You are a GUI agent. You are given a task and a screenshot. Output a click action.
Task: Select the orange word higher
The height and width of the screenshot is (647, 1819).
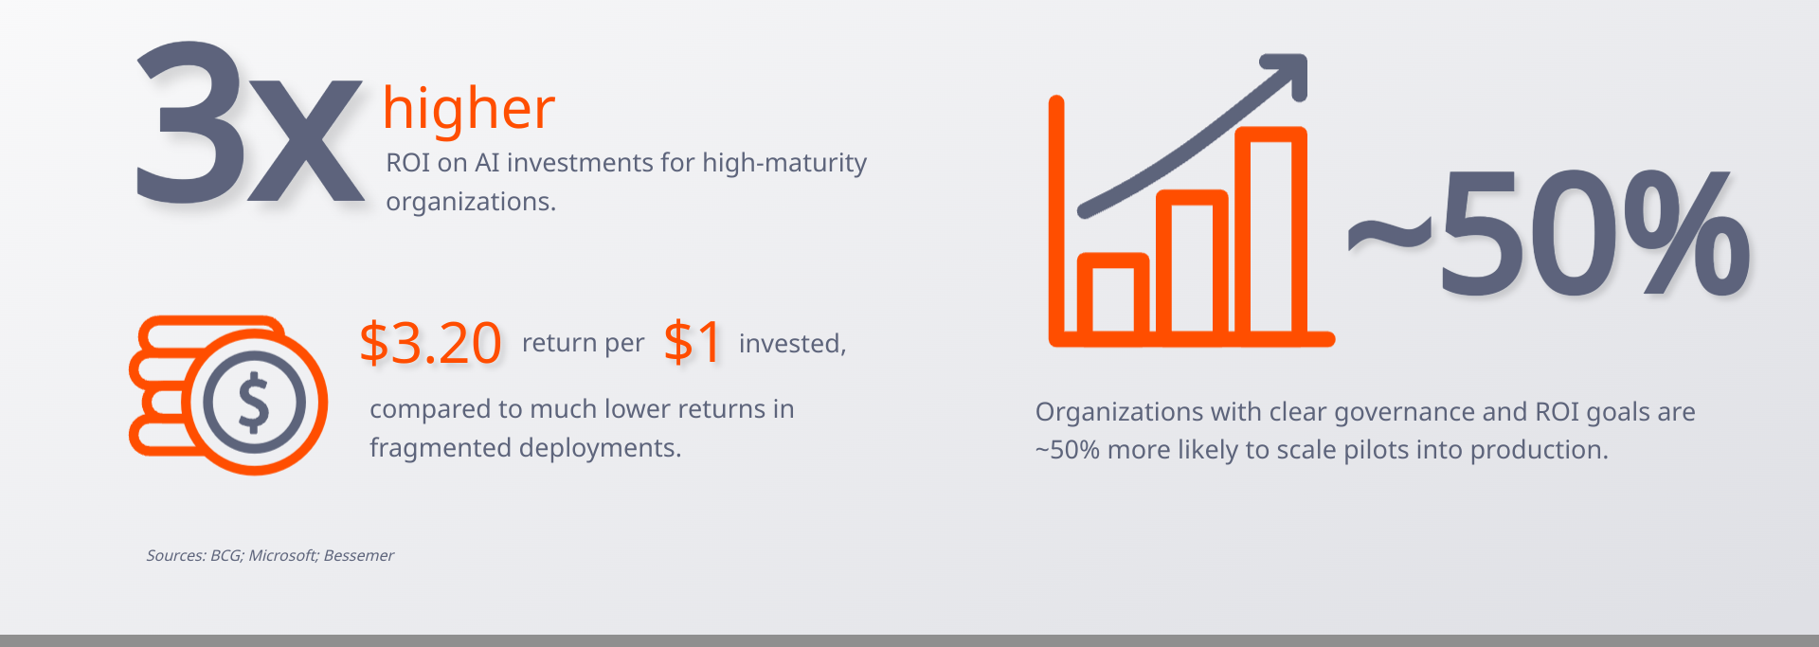click(469, 109)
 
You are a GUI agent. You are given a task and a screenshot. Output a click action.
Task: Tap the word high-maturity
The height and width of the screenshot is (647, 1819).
click(784, 163)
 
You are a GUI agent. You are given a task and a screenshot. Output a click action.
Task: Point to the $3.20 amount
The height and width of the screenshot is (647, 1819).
click(430, 342)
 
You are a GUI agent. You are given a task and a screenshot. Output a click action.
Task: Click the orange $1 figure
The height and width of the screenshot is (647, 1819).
click(693, 342)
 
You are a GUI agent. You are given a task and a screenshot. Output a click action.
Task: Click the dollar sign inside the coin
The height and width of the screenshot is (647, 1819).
click(253, 402)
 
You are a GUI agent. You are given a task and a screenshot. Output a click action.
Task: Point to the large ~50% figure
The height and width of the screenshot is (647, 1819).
click(1549, 232)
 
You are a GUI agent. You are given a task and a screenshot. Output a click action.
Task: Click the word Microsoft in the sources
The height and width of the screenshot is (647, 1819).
click(284, 555)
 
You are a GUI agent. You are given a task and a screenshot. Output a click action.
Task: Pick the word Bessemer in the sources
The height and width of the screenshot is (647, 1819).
click(359, 555)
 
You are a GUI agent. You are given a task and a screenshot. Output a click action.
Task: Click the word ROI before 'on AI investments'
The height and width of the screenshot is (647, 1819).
click(408, 163)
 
